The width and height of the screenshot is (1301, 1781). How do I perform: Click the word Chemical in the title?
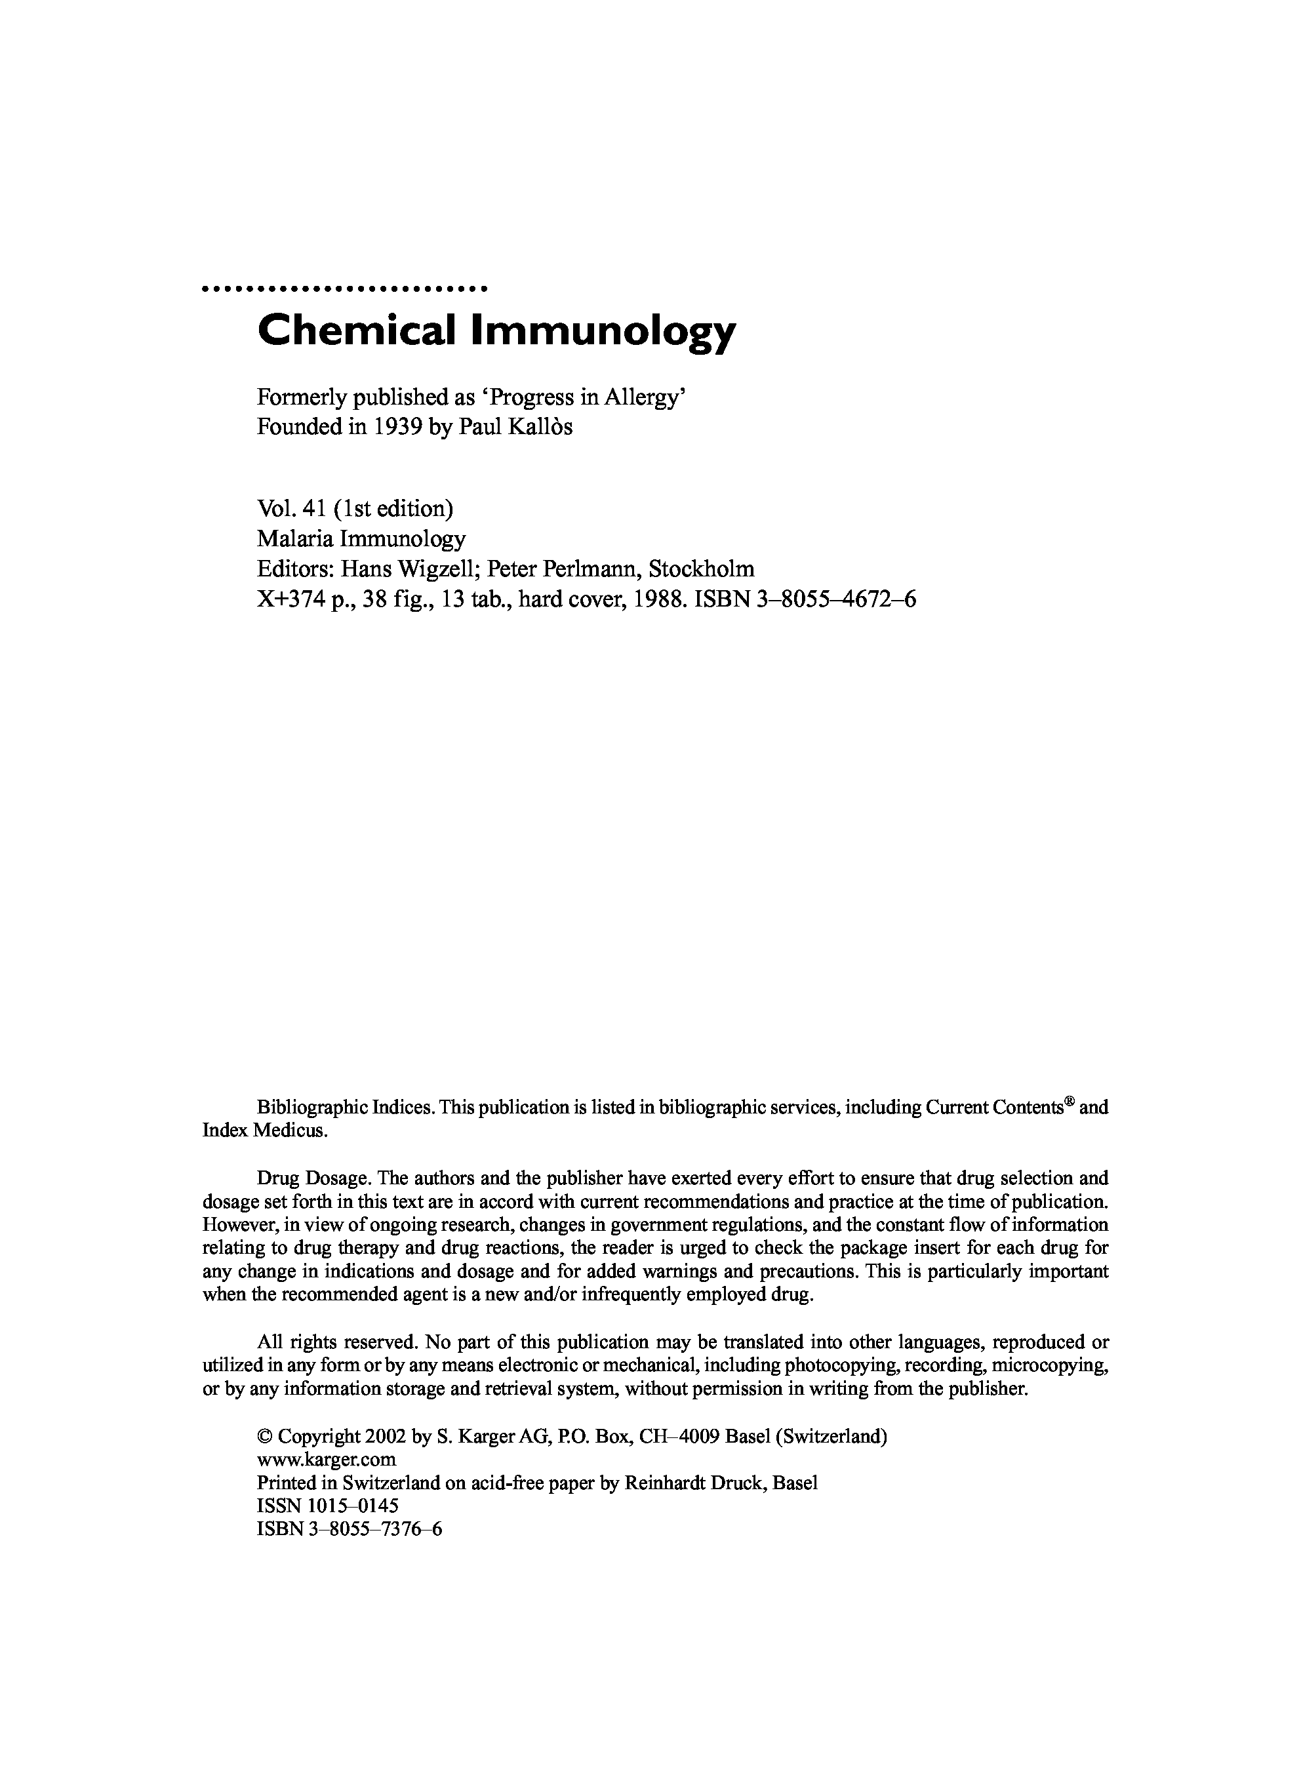click(356, 330)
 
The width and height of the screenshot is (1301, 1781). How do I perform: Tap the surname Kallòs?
click(542, 427)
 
